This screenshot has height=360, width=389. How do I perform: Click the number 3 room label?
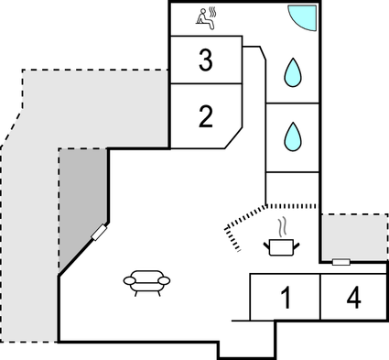pyautogui.click(x=205, y=61)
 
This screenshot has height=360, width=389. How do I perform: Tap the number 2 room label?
pyautogui.click(x=205, y=115)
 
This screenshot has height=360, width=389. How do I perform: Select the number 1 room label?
pyautogui.click(x=285, y=298)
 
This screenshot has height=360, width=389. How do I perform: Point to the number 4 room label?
pyautogui.click(x=354, y=298)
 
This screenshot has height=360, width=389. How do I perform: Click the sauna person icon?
pyautogui.click(x=205, y=17)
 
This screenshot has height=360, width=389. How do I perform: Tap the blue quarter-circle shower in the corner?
pyautogui.click(x=303, y=16)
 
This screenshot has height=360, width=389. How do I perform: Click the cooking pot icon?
pyautogui.click(x=281, y=245)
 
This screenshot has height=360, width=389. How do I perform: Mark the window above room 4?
pyautogui.click(x=340, y=262)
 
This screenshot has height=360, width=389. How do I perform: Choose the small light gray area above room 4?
pyautogui.click(x=353, y=236)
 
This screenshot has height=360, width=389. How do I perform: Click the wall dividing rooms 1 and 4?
pyautogui.click(x=319, y=297)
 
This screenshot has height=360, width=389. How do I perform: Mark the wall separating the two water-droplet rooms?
pyautogui.click(x=292, y=103)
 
